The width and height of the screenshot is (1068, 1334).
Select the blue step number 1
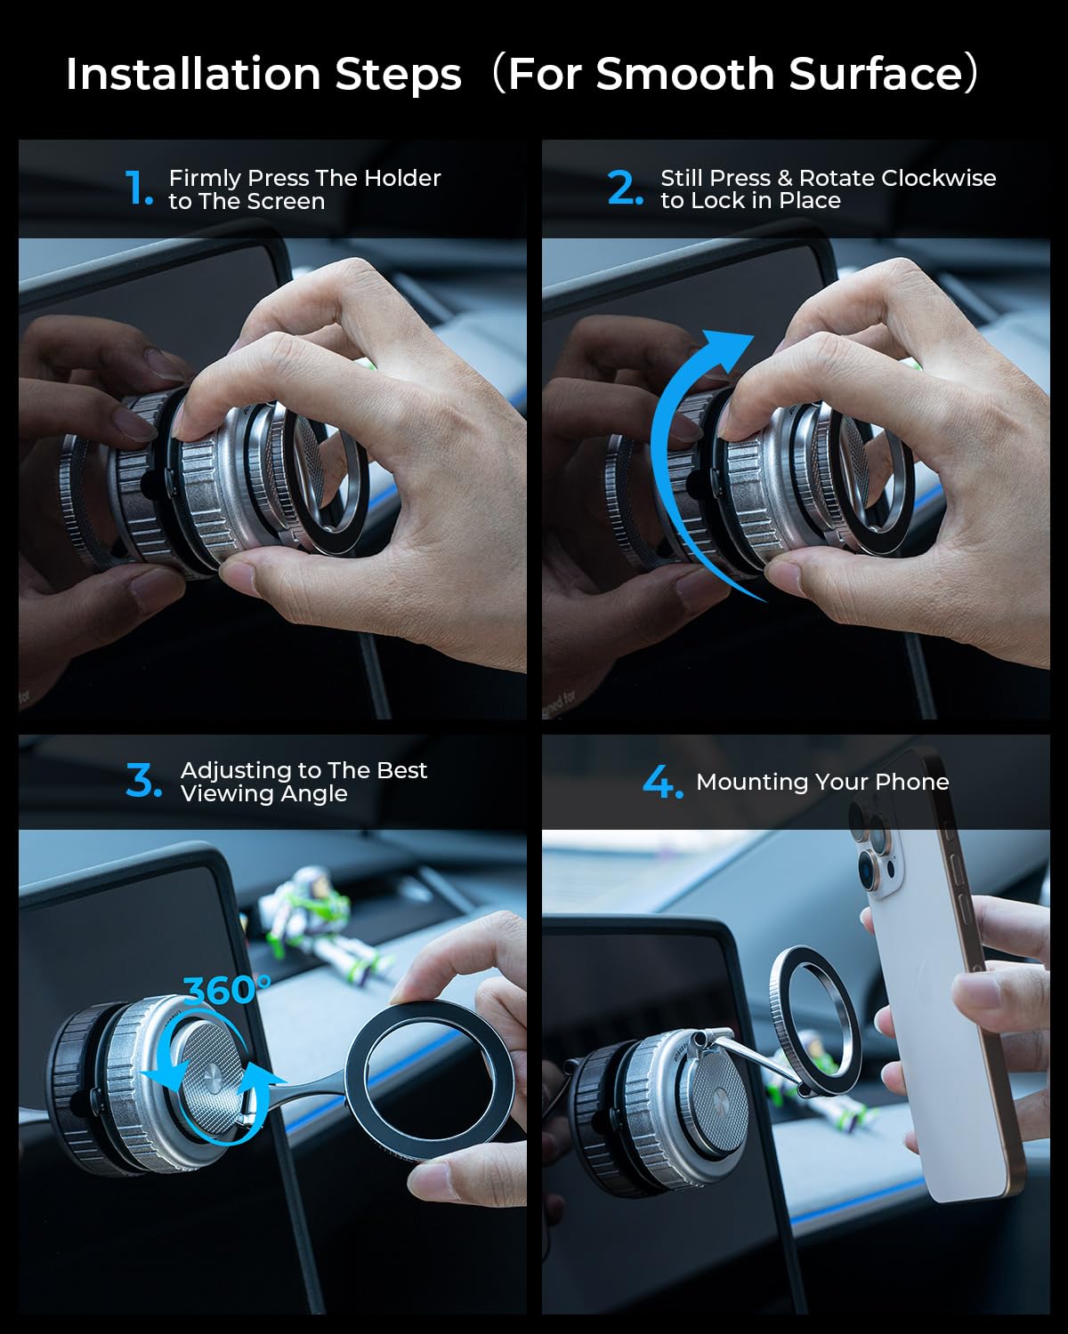138,188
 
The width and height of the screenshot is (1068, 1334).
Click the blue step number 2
625,188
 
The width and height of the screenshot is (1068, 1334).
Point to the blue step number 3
143,780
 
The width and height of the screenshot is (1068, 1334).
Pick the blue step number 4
663,782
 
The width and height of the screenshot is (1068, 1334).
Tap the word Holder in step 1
402,178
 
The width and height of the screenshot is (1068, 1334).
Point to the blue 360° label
227,990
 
